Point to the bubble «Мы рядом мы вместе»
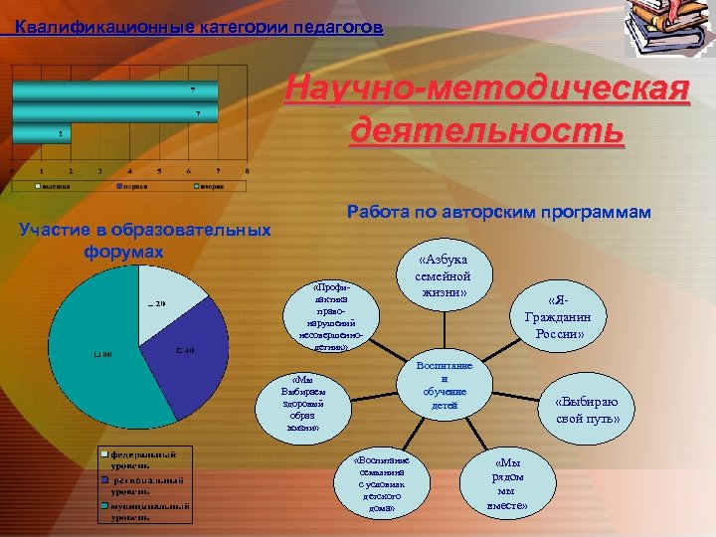[x=508, y=483]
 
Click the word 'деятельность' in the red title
[x=487, y=131]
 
